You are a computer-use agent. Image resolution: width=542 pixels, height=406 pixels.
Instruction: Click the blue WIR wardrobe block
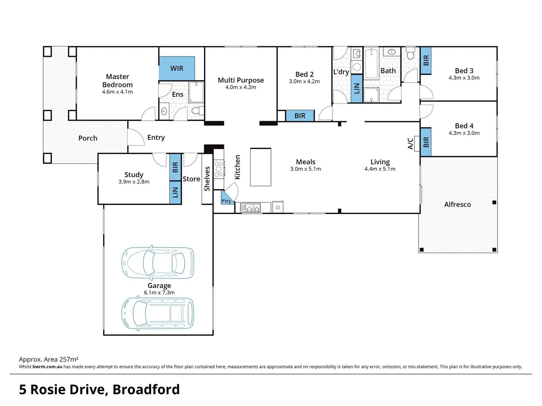pos(177,68)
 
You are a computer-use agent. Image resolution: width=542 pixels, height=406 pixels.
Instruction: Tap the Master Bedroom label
pos(117,80)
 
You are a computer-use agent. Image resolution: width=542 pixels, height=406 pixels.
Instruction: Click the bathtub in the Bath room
pos(371,64)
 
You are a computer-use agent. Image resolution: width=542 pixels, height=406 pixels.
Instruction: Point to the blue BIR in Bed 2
pos(300,116)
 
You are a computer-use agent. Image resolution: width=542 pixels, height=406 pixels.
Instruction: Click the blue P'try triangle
pos(227,198)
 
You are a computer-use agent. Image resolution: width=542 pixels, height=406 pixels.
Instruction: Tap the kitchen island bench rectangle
pos(260,167)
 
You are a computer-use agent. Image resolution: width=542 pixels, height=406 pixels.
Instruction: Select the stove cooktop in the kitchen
pos(219,169)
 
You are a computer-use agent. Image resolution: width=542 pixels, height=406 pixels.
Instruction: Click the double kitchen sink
pos(250,208)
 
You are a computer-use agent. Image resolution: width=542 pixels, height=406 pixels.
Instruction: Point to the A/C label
pos(410,144)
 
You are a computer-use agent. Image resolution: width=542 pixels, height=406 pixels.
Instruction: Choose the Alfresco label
pos(457,205)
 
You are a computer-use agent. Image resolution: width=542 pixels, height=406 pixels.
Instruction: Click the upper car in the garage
pos(158,263)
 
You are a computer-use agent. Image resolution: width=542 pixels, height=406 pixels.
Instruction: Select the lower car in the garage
pos(158,313)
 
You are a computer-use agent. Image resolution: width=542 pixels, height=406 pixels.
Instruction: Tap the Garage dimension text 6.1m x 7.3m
pos(159,292)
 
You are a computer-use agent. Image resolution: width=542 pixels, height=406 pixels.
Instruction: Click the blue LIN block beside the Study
pos(175,192)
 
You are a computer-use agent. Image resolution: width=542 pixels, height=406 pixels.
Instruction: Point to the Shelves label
pos(207,179)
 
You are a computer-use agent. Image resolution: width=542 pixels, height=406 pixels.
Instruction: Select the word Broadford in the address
pos(146,390)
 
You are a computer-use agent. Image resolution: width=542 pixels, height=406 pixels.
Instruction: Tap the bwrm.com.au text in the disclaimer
pos(47,367)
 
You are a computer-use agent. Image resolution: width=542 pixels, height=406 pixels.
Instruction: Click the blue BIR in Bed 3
pos(426,61)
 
